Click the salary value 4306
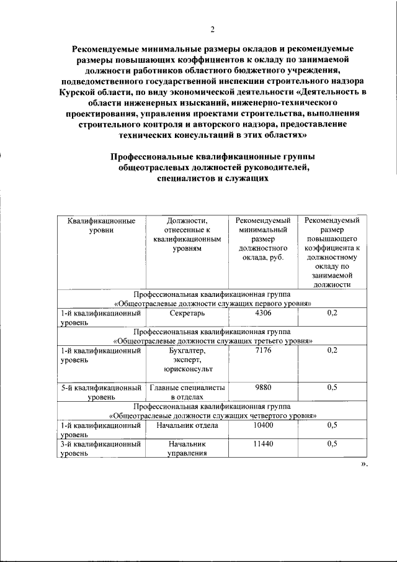[x=264, y=314]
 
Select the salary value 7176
[x=264, y=351]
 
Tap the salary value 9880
[x=264, y=387]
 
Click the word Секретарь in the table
[x=187, y=314]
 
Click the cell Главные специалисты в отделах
[x=187, y=392]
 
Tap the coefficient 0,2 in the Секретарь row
[x=332, y=314]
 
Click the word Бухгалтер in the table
[x=187, y=351]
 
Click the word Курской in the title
[x=79, y=92]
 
